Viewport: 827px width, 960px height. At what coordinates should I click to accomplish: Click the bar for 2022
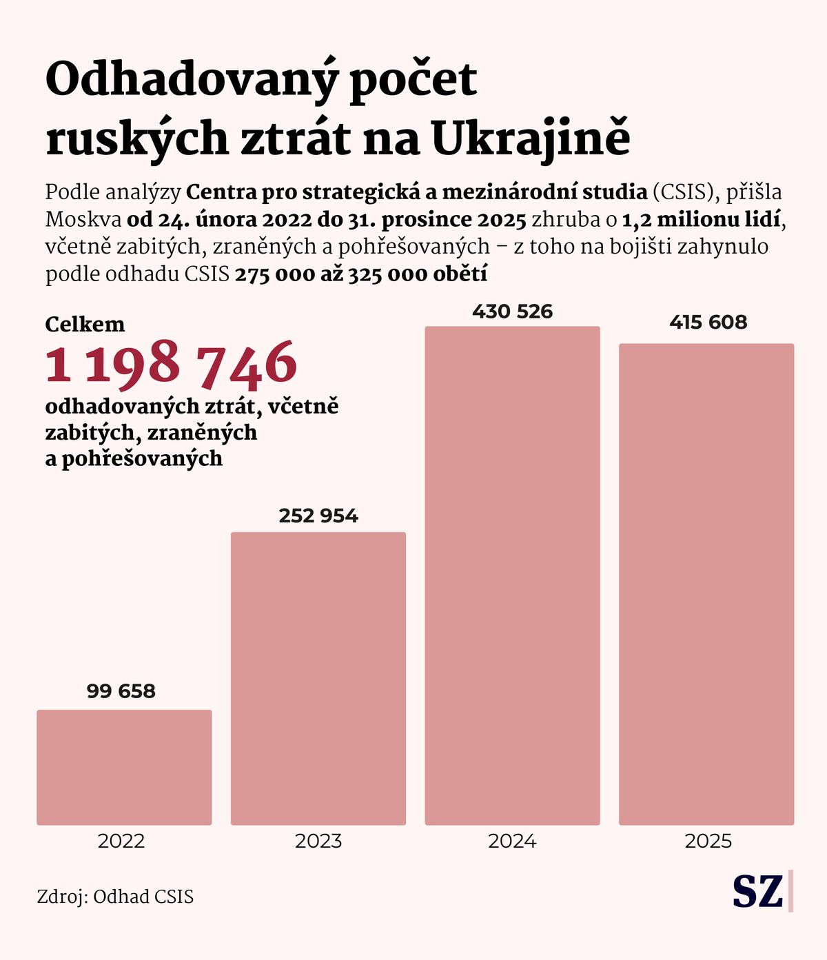point(124,767)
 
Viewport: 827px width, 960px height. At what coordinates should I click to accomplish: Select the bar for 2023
point(318,678)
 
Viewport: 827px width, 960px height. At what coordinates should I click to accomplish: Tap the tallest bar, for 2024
point(512,575)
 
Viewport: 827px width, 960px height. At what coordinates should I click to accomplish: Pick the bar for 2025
point(706,584)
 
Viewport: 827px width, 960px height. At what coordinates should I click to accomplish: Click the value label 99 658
point(121,691)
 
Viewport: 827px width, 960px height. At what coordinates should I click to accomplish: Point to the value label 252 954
point(318,516)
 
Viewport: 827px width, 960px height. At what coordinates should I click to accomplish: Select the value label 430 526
point(512,312)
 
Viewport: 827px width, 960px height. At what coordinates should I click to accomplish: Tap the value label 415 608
point(708,322)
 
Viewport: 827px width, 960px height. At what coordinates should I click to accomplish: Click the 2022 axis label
point(121,841)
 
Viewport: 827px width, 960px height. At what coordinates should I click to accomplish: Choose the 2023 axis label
point(318,841)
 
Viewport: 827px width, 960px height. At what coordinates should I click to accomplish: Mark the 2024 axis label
point(512,841)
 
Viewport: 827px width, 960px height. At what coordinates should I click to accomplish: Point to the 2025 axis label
point(708,841)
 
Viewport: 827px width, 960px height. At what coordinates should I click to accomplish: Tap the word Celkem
point(85,325)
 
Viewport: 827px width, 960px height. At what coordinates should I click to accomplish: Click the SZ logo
point(757,892)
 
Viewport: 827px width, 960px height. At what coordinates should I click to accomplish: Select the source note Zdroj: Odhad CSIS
point(115,897)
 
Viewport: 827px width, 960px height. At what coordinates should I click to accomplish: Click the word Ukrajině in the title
point(531,139)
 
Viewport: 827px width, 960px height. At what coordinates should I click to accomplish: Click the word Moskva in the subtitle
point(83,220)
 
